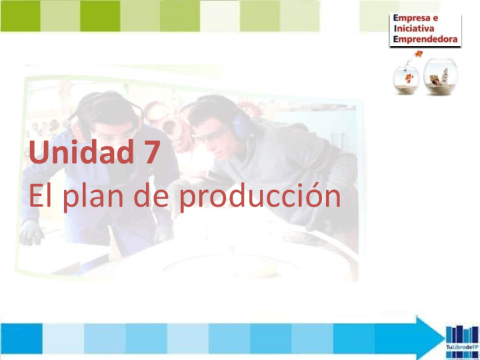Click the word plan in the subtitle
(94, 198)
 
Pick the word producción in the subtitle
(259, 198)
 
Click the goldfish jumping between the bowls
(419, 54)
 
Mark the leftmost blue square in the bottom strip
(21, 338)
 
